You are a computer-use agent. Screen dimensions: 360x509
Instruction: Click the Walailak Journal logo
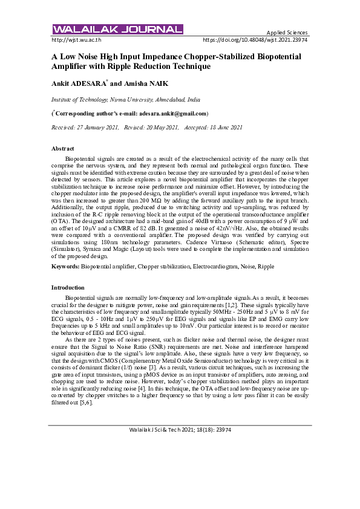(117, 30)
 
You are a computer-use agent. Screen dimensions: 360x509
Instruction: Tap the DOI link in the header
(255, 39)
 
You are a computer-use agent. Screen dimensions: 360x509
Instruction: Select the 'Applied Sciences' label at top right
(287, 32)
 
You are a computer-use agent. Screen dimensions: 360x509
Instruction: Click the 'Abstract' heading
(63, 149)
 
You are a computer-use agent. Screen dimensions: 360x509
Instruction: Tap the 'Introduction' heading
(68, 287)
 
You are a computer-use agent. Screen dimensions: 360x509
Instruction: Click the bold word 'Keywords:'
(65, 266)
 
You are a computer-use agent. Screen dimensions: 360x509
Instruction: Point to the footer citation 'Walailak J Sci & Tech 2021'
(180, 429)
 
